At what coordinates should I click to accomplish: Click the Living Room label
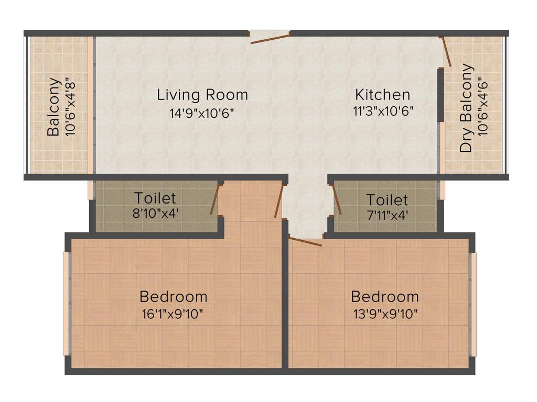pyautogui.click(x=202, y=95)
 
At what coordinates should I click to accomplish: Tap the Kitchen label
pyautogui.click(x=382, y=95)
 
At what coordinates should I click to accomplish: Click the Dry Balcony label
pyautogui.click(x=466, y=108)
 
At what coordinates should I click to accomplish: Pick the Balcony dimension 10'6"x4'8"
pyautogui.click(x=71, y=107)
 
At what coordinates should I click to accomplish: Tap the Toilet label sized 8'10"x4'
pyautogui.click(x=155, y=198)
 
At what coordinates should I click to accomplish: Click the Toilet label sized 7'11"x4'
pyautogui.click(x=387, y=199)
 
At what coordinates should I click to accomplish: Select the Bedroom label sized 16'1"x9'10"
pyautogui.click(x=174, y=297)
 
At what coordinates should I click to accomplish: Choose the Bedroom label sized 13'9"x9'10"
pyautogui.click(x=385, y=297)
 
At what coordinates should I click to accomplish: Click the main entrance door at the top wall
pyautogui.click(x=270, y=38)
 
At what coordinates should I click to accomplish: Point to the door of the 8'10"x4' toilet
pyautogui.click(x=214, y=199)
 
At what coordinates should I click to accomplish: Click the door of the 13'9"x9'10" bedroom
pyautogui.click(x=305, y=241)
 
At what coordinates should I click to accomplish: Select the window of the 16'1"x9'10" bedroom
pyautogui.click(x=67, y=304)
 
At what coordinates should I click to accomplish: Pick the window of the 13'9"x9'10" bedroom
pyautogui.click(x=474, y=304)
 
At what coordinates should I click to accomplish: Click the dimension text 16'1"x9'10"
pyautogui.click(x=173, y=314)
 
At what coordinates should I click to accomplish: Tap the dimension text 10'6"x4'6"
pyautogui.click(x=483, y=107)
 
